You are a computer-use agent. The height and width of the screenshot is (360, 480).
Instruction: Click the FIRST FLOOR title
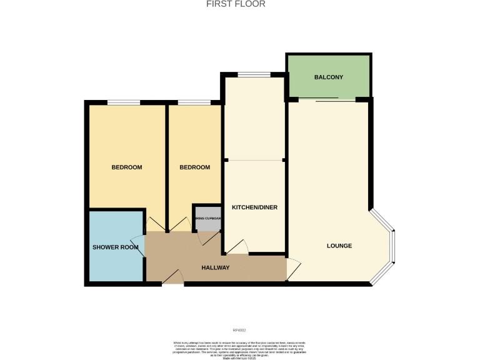pyautogui.click(x=236, y=4)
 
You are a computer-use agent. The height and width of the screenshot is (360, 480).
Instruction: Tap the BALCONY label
pyautogui.click(x=328, y=77)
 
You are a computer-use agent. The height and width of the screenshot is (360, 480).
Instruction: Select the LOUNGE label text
pyautogui.click(x=339, y=246)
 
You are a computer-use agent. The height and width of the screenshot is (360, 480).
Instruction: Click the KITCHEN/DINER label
pyautogui.click(x=254, y=207)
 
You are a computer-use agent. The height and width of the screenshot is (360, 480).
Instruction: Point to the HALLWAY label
pyautogui.click(x=215, y=267)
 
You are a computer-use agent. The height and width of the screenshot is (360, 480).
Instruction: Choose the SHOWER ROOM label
pyautogui.click(x=115, y=247)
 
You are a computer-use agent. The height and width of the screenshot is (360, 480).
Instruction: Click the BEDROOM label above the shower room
pyautogui.click(x=126, y=167)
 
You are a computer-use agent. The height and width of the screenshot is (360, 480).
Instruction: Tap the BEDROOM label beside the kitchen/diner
pyautogui.click(x=194, y=167)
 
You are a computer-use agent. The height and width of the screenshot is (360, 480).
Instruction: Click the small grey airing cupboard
pyautogui.click(x=207, y=218)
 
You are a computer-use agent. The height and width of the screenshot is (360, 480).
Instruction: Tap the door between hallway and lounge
pyautogui.click(x=292, y=269)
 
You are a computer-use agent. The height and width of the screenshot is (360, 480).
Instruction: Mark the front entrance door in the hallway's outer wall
pyautogui.click(x=172, y=279)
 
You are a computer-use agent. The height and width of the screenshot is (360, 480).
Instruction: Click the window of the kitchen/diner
pyautogui.click(x=254, y=75)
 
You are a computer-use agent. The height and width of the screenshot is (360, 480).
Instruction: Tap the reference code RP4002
pyautogui.click(x=239, y=330)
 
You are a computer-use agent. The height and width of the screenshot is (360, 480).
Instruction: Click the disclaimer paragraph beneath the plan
pyautogui.click(x=239, y=349)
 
